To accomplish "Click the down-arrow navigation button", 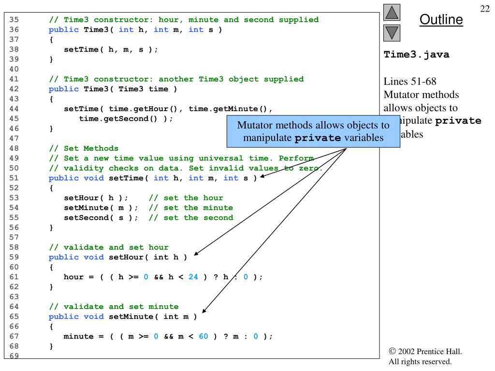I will [392, 33].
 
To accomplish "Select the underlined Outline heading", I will [441, 20].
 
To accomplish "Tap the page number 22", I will [485, 9].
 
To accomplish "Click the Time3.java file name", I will [416, 55].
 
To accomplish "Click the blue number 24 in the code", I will [193, 277].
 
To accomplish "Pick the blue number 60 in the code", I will [203, 336].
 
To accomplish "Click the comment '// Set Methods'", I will [84, 148].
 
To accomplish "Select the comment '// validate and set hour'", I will [109, 247].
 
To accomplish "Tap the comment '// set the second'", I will [191, 217].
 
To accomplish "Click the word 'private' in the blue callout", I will [318, 138].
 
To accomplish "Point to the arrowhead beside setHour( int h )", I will [196, 253].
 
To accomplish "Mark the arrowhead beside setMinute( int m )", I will [204, 312].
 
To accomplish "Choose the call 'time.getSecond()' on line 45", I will [121, 118].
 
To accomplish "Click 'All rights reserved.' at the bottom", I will [420, 362].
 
